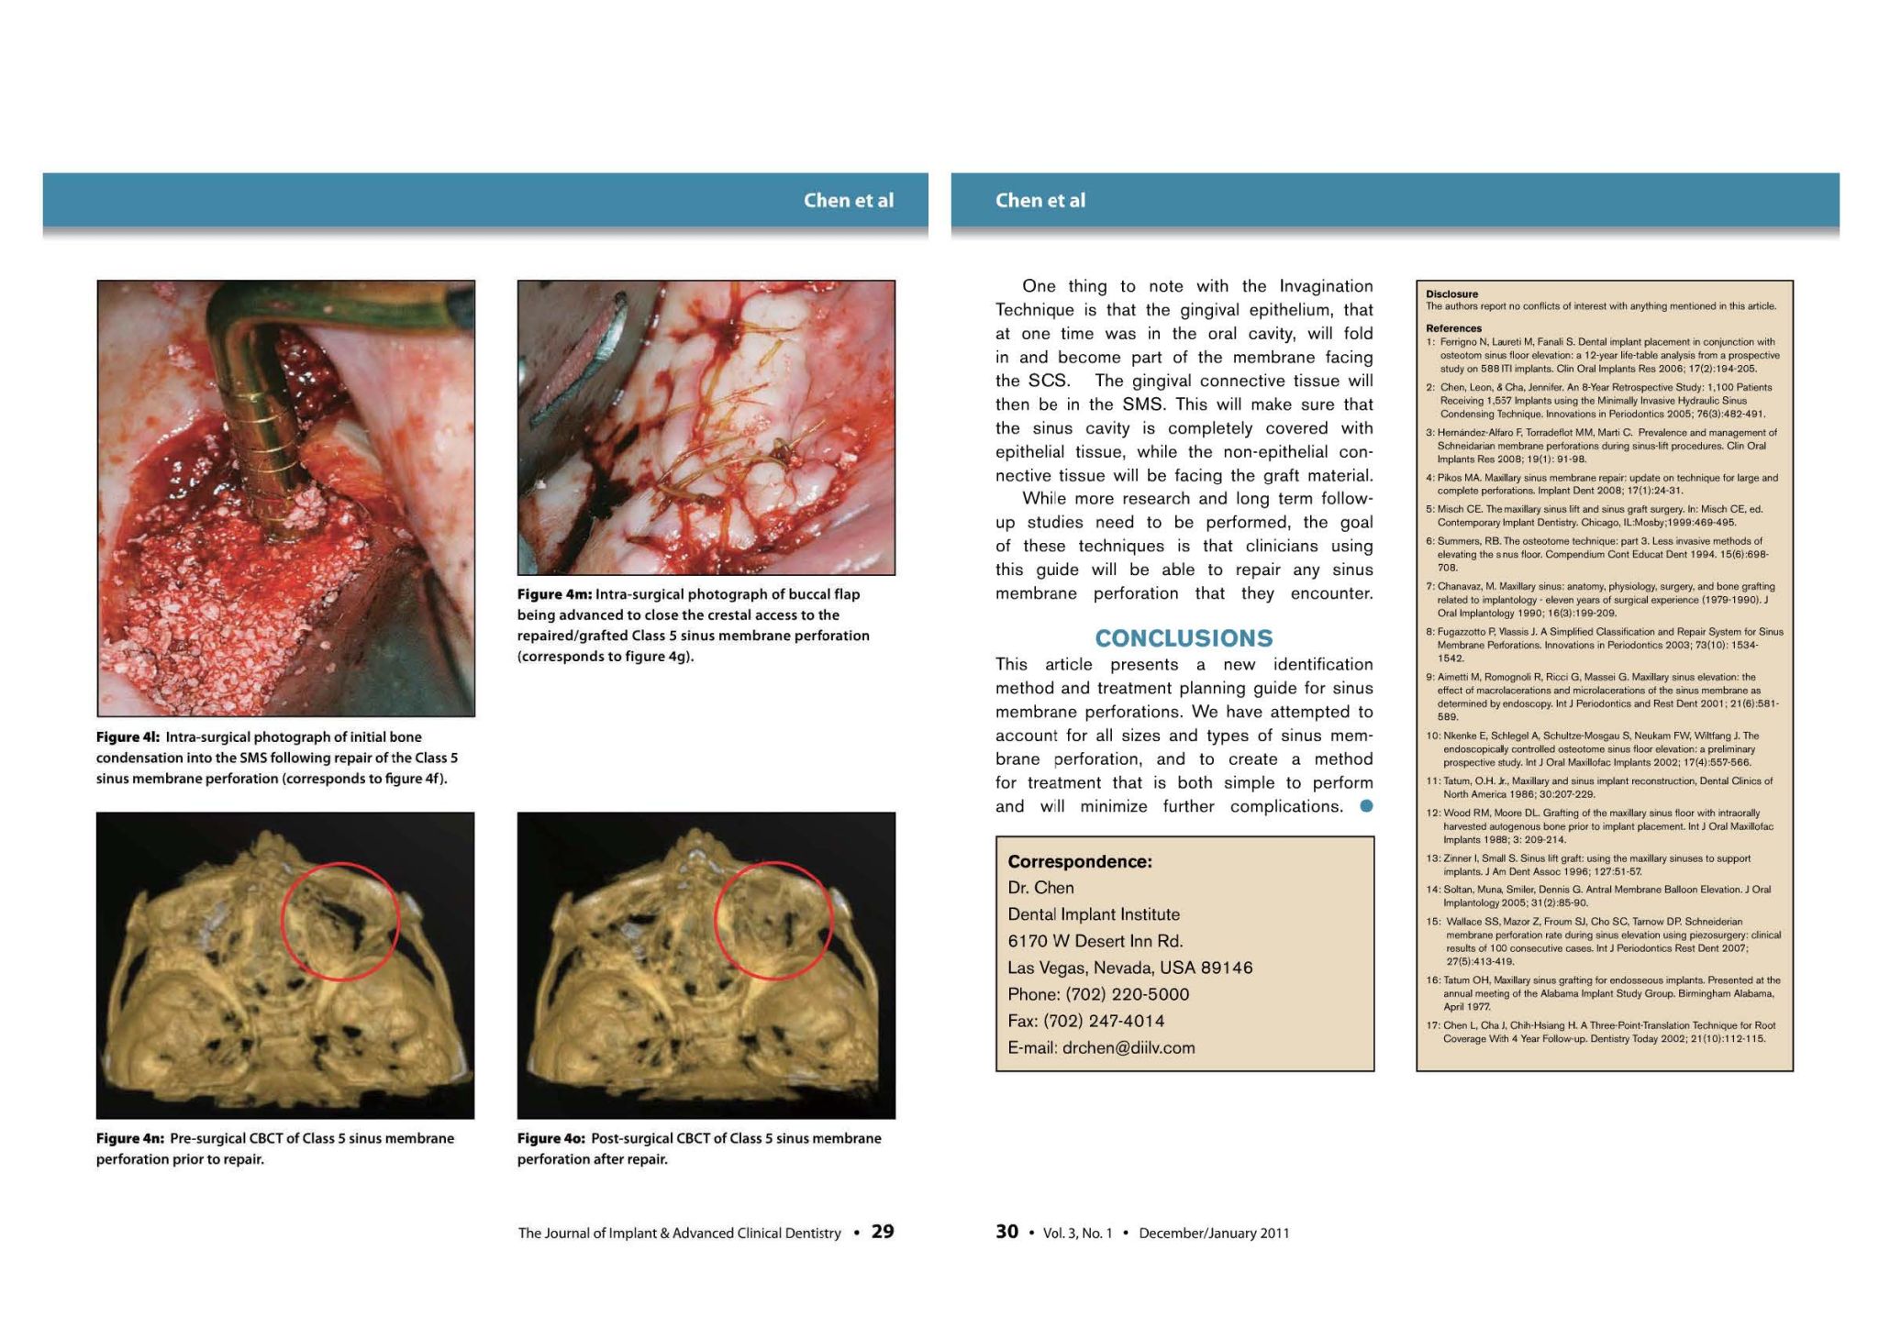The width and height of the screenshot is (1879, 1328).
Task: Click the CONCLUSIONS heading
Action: pyautogui.click(x=1184, y=638)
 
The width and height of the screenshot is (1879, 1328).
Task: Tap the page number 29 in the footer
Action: pyautogui.click(x=883, y=1232)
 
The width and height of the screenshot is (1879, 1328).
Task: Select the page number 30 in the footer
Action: pyautogui.click(x=1006, y=1232)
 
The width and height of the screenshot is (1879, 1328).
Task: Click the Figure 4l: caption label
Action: pyautogui.click(x=128, y=737)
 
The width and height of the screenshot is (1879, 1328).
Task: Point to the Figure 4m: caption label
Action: pyautogui.click(x=553, y=594)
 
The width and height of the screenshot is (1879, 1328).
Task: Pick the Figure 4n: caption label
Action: pyautogui.click(x=130, y=1138)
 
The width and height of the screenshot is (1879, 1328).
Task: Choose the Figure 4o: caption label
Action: pyautogui.click(x=551, y=1138)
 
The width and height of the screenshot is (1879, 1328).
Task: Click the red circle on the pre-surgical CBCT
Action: pyautogui.click(x=340, y=921)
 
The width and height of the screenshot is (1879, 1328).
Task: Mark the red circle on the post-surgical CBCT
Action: pyautogui.click(x=773, y=920)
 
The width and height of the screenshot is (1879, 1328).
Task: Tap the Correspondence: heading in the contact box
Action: pyautogui.click(x=1080, y=861)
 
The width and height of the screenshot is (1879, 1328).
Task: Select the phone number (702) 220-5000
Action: pyautogui.click(x=1127, y=994)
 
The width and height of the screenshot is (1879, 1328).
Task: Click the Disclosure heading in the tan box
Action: pyautogui.click(x=1451, y=294)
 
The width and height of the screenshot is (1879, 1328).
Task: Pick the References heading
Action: pyautogui.click(x=1453, y=328)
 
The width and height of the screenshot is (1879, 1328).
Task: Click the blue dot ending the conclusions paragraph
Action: pyautogui.click(x=1366, y=806)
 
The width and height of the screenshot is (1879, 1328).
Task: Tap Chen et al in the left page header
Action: pyautogui.click(x=848, y=200)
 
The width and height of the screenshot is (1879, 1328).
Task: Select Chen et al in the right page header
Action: pyautogui.click(x=1040, y=200)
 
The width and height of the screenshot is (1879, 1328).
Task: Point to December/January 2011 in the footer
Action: pyautogui.click(x=1214, y=1234)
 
